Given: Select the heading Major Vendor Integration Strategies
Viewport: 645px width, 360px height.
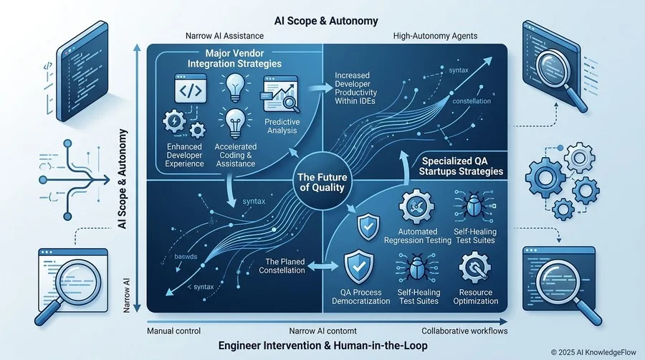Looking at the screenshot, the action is (234, 58).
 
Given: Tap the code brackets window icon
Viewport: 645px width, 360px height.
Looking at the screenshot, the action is (191, 89).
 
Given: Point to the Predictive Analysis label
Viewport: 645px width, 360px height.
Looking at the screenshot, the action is (282, 126).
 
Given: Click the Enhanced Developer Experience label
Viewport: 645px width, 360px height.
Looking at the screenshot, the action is (184, 155).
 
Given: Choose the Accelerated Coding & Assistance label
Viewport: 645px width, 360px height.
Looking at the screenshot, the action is (235, 155).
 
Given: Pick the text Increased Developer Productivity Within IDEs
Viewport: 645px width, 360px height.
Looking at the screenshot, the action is (355, 88).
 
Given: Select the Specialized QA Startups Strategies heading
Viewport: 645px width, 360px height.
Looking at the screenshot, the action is (461, 166).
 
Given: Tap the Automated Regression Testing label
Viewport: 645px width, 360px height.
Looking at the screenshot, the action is (418, 236).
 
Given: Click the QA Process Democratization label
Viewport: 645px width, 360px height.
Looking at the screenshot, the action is (360, 297).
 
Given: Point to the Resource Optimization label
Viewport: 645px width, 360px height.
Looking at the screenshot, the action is (476, 297).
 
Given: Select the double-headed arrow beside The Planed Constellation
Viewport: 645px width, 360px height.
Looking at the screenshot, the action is (322, 266).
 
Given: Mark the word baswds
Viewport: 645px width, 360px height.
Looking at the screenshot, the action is (186, 257).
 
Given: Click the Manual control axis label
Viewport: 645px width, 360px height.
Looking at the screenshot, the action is (173, 331).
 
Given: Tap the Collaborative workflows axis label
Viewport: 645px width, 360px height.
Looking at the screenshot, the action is (464, 331).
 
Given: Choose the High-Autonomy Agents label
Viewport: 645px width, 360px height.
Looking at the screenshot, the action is (435, 36).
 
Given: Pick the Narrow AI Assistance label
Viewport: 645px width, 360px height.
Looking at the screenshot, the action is (224, 36).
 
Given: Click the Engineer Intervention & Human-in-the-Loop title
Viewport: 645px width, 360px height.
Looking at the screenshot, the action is (323, 345).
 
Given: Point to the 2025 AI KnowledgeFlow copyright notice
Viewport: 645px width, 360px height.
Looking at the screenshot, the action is (593, 352).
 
